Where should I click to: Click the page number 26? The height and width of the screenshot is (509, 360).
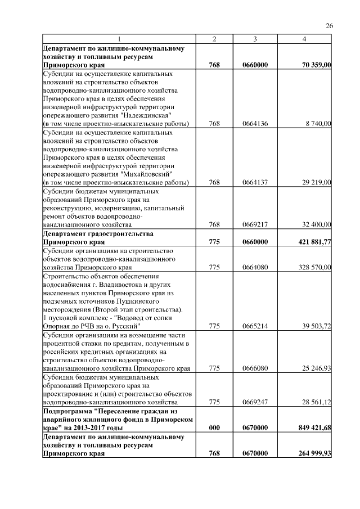(x=330, y=25)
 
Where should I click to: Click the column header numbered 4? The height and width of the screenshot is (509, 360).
(x=304, y=39)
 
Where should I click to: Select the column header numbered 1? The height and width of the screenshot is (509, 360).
(x=119, y=39)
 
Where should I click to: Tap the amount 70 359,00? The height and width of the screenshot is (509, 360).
(x=316, y=66)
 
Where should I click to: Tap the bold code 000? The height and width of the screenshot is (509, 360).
(x=214, y=428)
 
